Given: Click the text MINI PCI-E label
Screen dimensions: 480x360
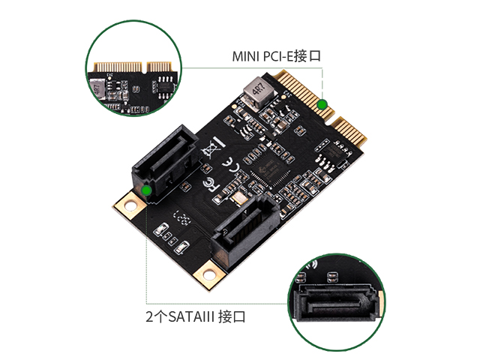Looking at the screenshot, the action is [x=263, y=57].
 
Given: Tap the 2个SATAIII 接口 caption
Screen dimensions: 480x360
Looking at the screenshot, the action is [x=196, y=316].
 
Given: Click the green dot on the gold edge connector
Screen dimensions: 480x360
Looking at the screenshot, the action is [x=322, y=105].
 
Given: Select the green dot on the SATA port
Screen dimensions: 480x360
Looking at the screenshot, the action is [x=147, y=190].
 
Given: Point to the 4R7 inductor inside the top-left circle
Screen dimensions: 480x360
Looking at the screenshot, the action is [x=97, y=89].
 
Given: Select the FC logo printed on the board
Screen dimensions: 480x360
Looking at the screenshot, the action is [x=211, y=184].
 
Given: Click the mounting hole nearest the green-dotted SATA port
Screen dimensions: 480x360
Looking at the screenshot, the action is [x=130, y=205].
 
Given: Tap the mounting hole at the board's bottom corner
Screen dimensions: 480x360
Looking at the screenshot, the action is [x=209, y=274].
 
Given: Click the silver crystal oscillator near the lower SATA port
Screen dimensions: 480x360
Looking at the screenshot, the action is [x=240, y=198].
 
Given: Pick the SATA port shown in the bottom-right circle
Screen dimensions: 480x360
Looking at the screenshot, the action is [x=335, y=301].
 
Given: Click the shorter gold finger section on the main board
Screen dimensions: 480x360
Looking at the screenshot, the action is [x=349, y=132].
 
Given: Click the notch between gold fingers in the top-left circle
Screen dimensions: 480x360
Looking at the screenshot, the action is [x=145, y=68].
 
